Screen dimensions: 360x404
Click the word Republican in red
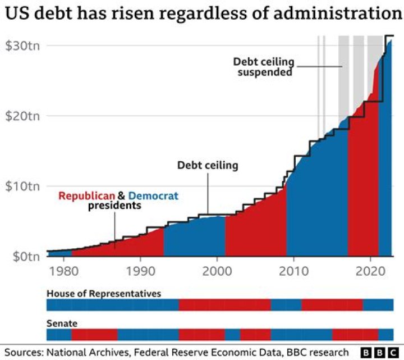pos(87,196)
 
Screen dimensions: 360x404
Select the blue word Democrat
pos(153,196)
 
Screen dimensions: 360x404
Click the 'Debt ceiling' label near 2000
pos(208,165)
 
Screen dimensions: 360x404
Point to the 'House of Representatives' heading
pos(104,294)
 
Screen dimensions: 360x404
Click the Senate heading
pos(62,323)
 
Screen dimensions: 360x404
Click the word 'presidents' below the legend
pos(114,206)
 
